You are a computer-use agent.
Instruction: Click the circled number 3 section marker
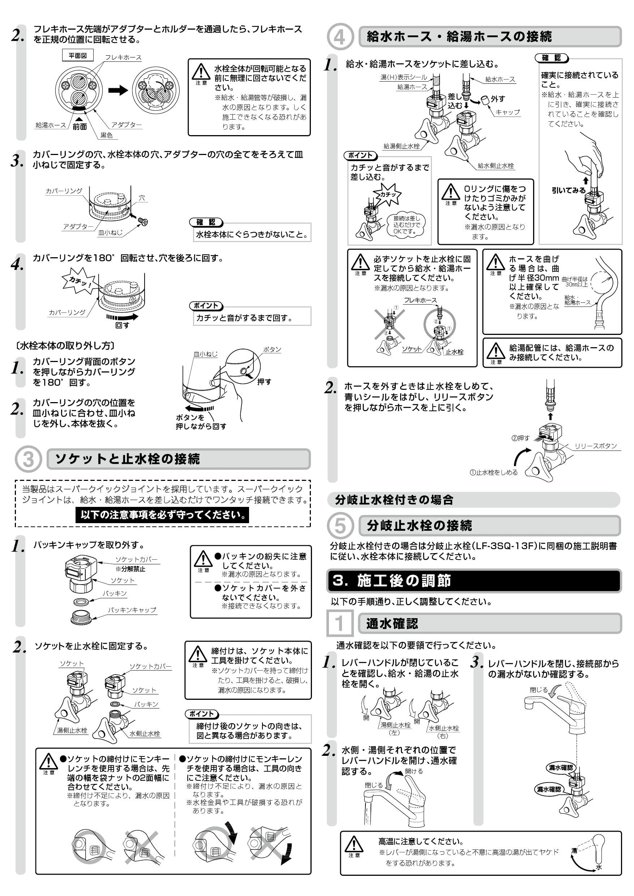click(x=28, y=459)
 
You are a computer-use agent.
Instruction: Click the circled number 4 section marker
click(x=340, y=37)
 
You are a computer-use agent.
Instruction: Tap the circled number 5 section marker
click(x=340, y=525)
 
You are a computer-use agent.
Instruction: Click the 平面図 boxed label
click(x=78, y=56)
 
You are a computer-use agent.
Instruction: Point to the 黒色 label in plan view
click(x=106, y=135)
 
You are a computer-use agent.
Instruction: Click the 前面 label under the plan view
click(x=79, y=126)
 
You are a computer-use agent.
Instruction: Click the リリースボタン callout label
click(x=595, y=446)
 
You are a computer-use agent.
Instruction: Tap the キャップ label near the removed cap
click(x=507, y=112)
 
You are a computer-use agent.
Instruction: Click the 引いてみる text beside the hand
click(x=569, y=190)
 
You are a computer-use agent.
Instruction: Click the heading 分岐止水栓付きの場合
click(x=394, y=500)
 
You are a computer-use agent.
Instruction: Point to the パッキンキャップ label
click(x=132, y=610)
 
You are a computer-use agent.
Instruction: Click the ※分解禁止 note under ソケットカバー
click(x=130, y=569)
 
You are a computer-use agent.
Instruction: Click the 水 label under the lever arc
click(x=599, y=867)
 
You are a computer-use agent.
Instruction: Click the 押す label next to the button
click(x=264, y=382)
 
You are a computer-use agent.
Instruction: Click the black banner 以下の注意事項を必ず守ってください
click(x=162, y=515)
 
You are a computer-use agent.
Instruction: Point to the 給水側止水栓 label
click(x=496, y=165)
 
